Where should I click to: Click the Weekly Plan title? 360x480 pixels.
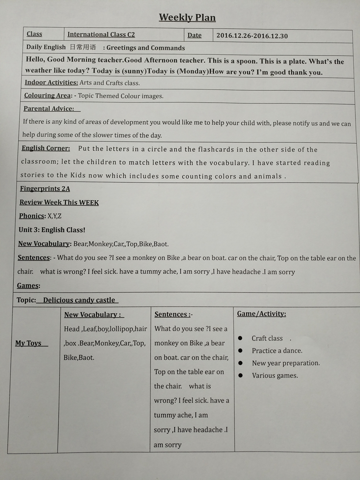coord(187,18)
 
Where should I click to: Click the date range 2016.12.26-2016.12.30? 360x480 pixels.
coord(252,36)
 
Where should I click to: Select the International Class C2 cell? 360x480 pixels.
coord(101,34)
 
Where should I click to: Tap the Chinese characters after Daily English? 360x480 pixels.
coord(83,48)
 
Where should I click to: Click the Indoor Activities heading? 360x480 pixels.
coord(51,82)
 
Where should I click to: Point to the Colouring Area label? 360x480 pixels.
coord(47,95)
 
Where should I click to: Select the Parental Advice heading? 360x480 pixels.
coord(49,109)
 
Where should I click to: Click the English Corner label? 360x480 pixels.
coord(46,148)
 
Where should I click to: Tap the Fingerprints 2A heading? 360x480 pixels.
coord(45,188)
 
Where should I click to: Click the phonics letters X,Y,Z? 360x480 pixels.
coord(54,216)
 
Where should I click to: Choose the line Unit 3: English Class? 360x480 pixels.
coord(52,230)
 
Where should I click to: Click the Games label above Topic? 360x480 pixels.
coord(28,285)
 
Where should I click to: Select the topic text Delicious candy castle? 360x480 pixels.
coord(79,300)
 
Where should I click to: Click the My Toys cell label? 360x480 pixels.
coord(28,343)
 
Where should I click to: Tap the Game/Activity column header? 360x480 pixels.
coord(262,314)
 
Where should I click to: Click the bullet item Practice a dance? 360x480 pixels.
coord(277,351)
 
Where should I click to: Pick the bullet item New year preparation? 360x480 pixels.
coord(286,363)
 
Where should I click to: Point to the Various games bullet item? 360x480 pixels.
coord(275,375)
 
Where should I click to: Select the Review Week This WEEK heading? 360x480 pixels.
coord(59,202)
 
